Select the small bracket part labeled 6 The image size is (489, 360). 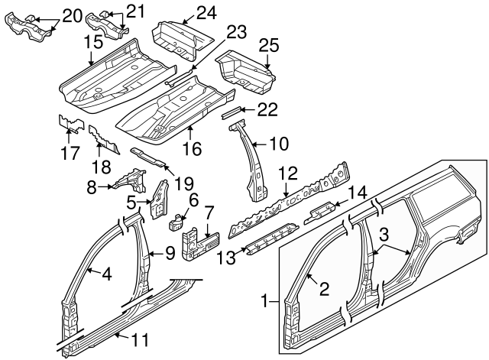click(174, 222)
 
